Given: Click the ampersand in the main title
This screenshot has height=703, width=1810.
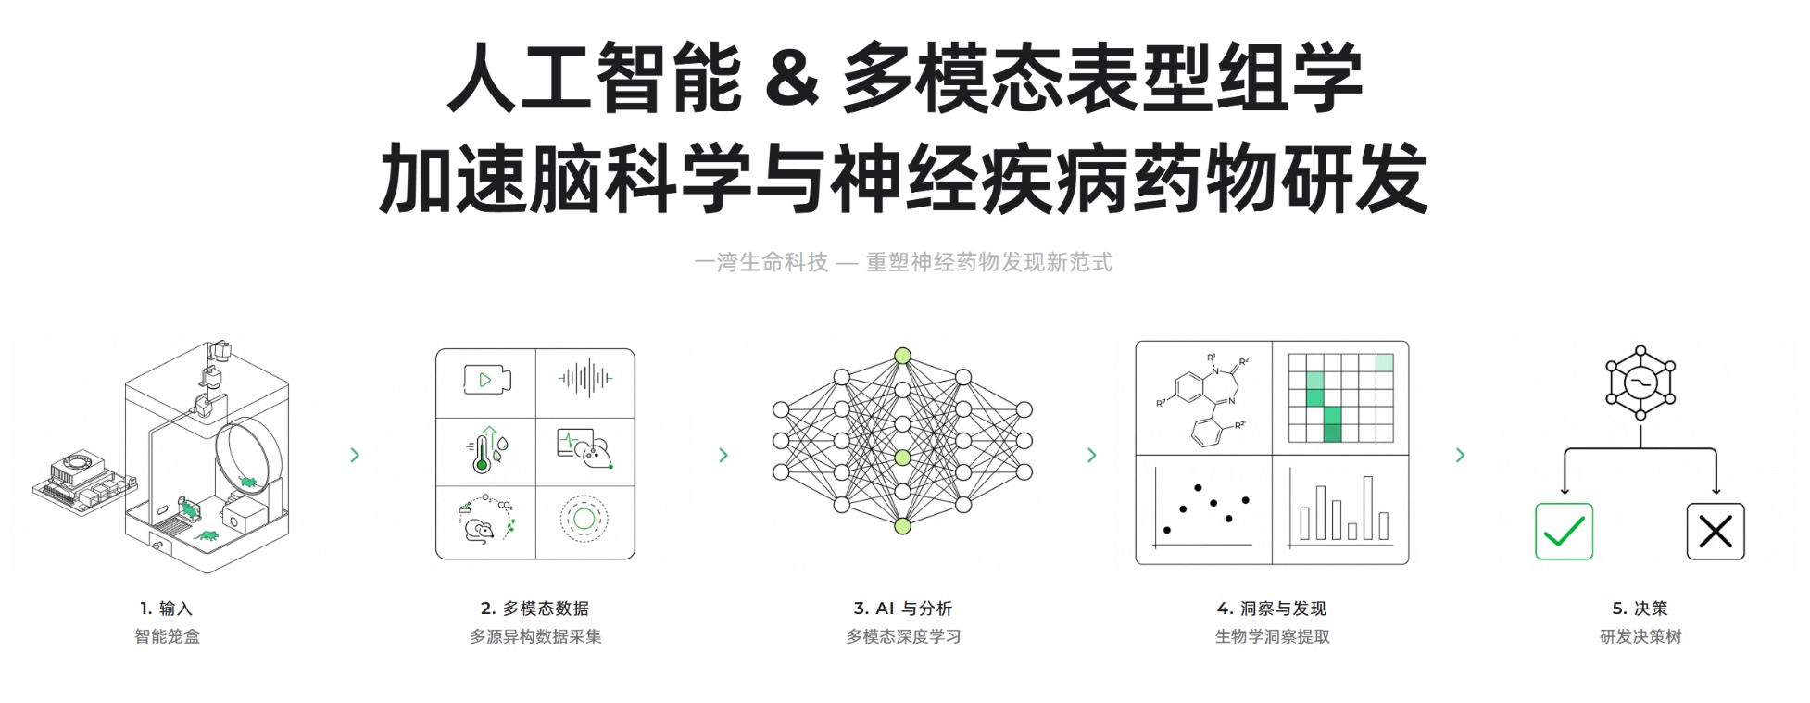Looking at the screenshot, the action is tap(792, 80).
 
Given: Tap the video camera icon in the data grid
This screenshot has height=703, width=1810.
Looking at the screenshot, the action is tap(486, 380).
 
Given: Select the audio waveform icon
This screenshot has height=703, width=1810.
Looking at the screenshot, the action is tap(585, 378).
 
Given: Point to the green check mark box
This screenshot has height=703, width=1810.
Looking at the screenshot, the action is tap(1564, 532).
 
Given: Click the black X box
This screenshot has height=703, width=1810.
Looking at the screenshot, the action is tap(1716, 532).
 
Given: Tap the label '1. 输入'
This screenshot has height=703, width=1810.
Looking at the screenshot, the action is tap(167, 609).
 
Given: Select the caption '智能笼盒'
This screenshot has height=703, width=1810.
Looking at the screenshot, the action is tap(167, 636).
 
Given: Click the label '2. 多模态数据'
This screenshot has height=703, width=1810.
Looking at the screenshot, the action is tap(534, 609).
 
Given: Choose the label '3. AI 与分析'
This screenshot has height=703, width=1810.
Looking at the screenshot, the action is tap(903, 609).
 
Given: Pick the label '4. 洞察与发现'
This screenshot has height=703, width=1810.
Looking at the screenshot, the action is tap(1272, 609).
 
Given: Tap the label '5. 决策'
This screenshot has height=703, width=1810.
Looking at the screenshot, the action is tap(1640, 609).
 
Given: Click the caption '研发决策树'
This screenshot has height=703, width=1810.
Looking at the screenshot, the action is tap(1640, 636).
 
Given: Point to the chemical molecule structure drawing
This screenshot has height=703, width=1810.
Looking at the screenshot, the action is tap(1203, 398).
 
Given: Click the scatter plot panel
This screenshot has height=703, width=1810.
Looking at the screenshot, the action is tap(1203, 509).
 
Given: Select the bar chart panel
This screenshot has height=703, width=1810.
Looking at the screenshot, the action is tap(1340, 509).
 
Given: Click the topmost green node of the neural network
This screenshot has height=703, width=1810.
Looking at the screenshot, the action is tap(903, 356).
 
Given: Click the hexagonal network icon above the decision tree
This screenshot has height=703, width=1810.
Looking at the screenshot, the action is tap(1640, 382).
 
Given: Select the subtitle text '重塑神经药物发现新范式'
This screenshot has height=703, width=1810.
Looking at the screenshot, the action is tap(988, 262).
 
